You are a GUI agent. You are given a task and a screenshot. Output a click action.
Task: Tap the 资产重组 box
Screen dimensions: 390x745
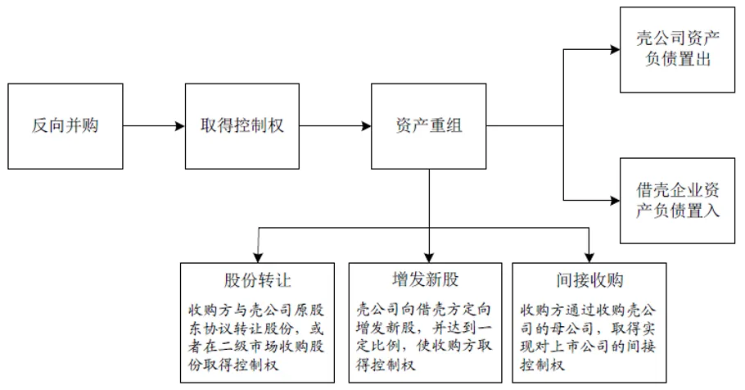[x=427, y=126]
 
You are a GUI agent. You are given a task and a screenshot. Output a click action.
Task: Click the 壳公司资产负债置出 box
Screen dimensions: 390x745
[x=676, y=48]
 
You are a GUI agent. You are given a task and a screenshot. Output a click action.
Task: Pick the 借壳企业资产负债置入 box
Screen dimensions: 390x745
[x=676, y=199]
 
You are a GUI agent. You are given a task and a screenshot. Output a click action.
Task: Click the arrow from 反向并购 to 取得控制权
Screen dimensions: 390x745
[x=156, y=126]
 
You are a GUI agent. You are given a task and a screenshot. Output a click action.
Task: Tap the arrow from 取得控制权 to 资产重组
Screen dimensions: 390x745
[x=336, y=126]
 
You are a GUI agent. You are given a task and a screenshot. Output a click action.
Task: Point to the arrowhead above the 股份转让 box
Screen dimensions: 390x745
[x=258, y=256]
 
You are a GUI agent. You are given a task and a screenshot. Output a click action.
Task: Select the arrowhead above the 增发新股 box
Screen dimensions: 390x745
[x=429, y=256]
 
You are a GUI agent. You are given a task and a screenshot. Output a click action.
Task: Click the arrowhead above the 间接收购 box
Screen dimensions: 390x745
[x=588, y=256]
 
